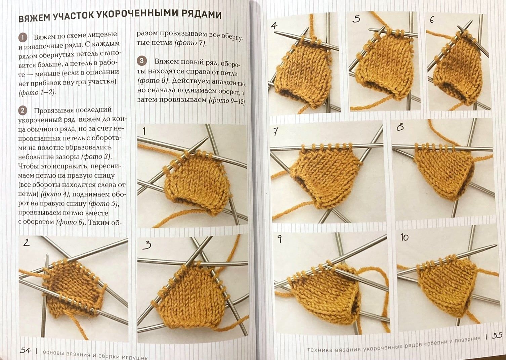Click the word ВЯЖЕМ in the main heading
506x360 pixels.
pyautogui.click(x=34, y=18)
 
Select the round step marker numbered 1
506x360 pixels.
pyautogui.click(x=23, y=38)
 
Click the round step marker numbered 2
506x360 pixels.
pyautogui.click(x=23, y=111)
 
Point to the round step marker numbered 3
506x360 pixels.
pyautogui.click(x=142, y=61)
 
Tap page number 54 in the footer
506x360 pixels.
pyautogui.click(x=25, y=350)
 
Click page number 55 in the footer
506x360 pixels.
pyautogui.click(x=497, y=335)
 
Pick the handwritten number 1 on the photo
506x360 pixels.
pyautogui.click(x=144, y=131)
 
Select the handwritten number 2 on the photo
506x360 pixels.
pyautogui.click(x=26, y=242)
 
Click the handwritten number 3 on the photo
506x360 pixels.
pyautogui.click(x=147, y=245)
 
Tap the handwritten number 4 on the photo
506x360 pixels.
pyautogui.click(x=274, y=26)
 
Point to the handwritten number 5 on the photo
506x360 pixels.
pyautogui.click(x=356, y=19)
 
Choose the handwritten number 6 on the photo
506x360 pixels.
pyautogui.click(x=432, y=20)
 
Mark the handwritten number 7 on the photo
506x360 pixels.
pyautogui.click(x=276, y=132)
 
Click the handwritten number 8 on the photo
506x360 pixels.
pyautogui.click(x=400, y=128)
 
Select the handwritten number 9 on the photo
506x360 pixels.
pyautogui.click(x=280, y=239)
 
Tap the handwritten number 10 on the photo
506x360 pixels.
pyautogui.click(x=404, y=237)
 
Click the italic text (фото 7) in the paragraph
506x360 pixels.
pyautogui.click(x=190, y=43)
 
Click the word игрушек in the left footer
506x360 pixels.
pyautogui.click(x=135, y=357)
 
